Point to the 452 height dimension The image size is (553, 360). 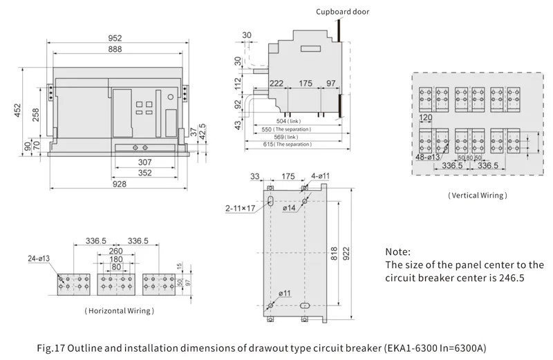point(17,111)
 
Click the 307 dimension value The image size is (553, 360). point(144,162)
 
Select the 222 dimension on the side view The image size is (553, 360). point(277,83)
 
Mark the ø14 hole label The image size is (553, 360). point(290,207)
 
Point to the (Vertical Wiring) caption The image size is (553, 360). point(478,196)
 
